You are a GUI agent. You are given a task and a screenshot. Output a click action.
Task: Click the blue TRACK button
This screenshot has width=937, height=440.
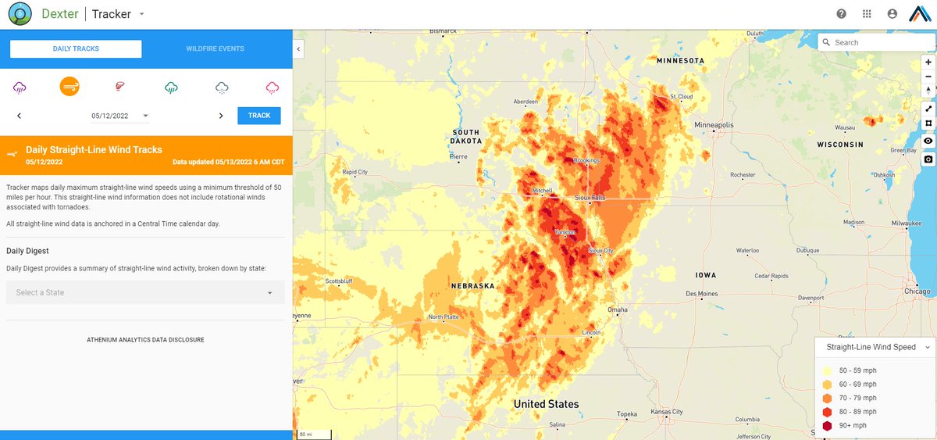tap(259, 116)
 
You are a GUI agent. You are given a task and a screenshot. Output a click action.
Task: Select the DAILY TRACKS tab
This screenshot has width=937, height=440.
tap(76, 48)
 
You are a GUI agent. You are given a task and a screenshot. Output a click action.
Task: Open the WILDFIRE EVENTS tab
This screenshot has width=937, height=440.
tap(215, 48)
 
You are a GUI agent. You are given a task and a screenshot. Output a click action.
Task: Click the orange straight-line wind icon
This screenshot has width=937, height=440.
tap(69, 87)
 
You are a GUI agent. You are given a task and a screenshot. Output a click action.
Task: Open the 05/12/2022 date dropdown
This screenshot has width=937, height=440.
tap(120, 116)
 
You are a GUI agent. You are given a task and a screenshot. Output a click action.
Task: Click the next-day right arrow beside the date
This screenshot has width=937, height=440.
tap(221, 116)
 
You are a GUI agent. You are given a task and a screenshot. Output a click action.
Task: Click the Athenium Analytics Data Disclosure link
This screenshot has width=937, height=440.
tap(145, 340)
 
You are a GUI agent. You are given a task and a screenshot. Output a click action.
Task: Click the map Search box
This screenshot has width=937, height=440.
tap(879, 42)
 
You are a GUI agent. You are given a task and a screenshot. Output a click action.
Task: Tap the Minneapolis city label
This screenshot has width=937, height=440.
tap(714, 125)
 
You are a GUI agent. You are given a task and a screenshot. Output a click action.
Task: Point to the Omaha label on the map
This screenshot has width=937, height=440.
tap(618, 309)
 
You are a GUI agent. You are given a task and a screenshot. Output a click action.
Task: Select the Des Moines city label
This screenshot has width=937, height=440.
tap(701, 294)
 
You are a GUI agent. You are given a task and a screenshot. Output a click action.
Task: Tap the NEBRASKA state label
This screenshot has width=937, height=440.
tap(472, 286)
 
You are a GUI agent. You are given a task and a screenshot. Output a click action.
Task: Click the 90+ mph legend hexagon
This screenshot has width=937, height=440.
tap(827, 426)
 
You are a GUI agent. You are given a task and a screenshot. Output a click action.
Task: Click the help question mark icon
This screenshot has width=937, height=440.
tap(841, 14)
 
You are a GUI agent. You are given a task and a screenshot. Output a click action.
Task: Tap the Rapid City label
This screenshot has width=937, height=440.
tap(354, 172)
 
